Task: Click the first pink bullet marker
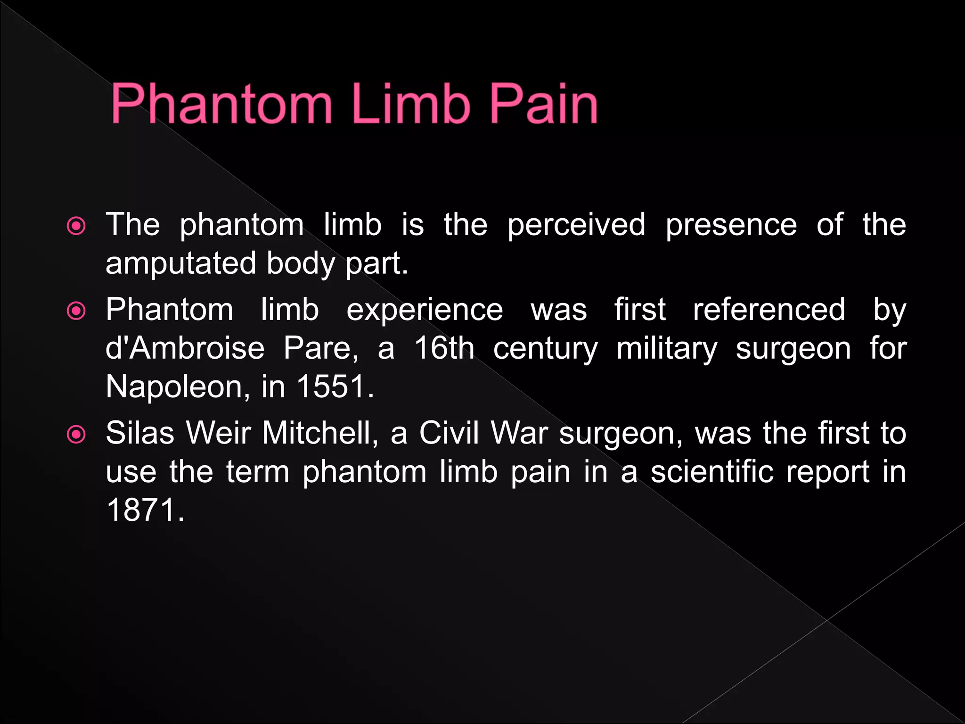76,226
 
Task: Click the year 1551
335,387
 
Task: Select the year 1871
145,510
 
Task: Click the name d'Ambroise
185,348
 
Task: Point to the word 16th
444,348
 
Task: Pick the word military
667,349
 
